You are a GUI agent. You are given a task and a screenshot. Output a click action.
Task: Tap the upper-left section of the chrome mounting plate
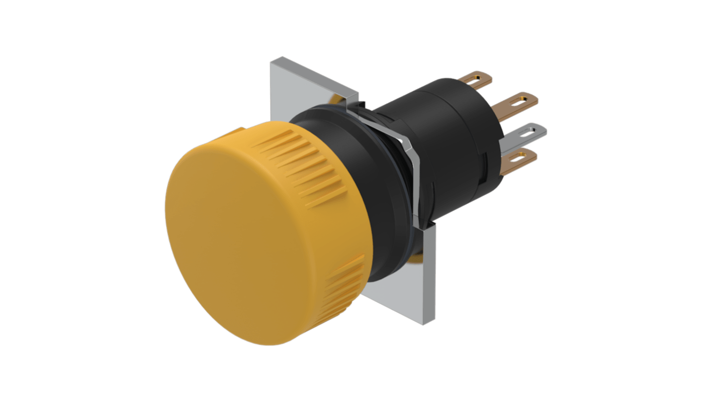pos(302,85)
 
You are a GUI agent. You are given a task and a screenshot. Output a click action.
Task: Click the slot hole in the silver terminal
pos(528,132)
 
